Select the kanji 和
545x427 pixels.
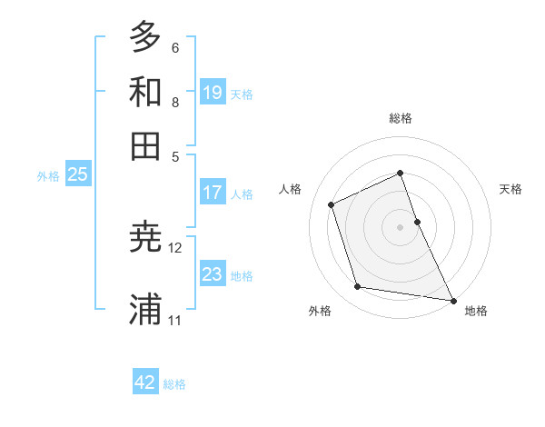145,91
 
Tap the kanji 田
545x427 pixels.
145,145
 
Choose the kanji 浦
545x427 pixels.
145,309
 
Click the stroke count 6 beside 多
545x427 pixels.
174,47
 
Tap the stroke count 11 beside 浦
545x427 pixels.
175,320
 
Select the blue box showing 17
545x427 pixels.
213,193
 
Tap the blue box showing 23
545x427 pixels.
213,273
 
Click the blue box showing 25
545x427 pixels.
77,174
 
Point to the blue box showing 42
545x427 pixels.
145,382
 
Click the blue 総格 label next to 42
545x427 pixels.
174,384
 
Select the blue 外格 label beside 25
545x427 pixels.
48,176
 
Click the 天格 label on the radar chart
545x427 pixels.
510,189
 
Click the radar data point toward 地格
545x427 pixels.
452,300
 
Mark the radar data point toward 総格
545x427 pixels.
400,173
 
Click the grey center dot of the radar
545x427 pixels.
400,227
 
